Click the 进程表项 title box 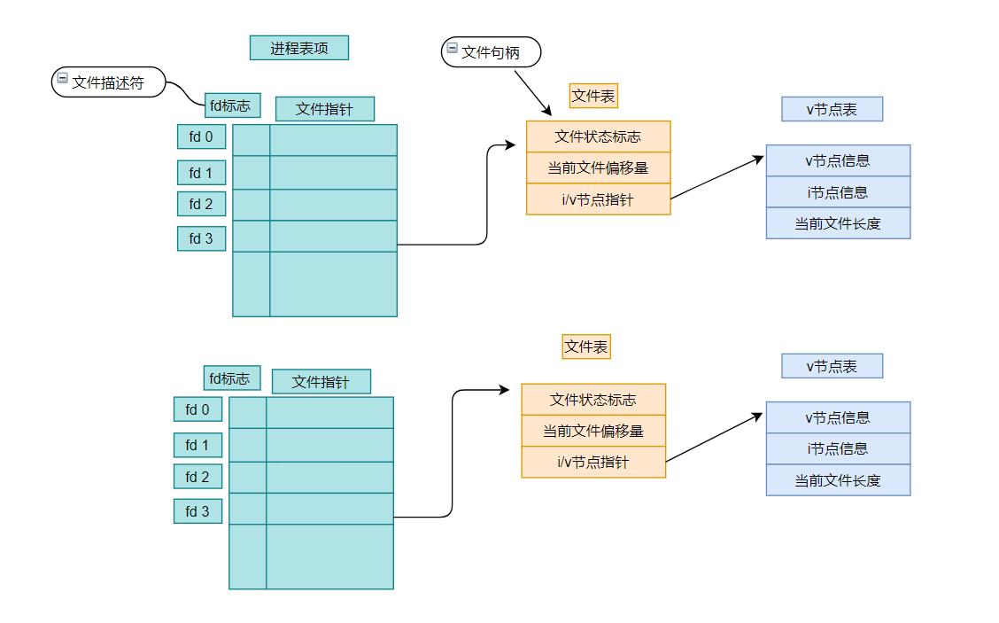298,48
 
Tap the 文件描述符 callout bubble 108,82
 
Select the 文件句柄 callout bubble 490,52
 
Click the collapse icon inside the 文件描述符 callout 62,79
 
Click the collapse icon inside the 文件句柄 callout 452,49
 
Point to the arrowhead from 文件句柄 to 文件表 547,112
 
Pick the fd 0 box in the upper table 201,136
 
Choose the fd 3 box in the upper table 201,238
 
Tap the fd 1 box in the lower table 197,445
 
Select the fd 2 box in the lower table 197,477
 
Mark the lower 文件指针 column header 321,382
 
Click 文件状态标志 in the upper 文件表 598,136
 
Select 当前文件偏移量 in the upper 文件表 598,167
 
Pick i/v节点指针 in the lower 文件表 592,462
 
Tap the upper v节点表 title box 832,109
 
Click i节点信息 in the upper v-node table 838,191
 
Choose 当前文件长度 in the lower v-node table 838,480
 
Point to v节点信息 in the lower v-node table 838,417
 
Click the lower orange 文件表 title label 586,347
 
